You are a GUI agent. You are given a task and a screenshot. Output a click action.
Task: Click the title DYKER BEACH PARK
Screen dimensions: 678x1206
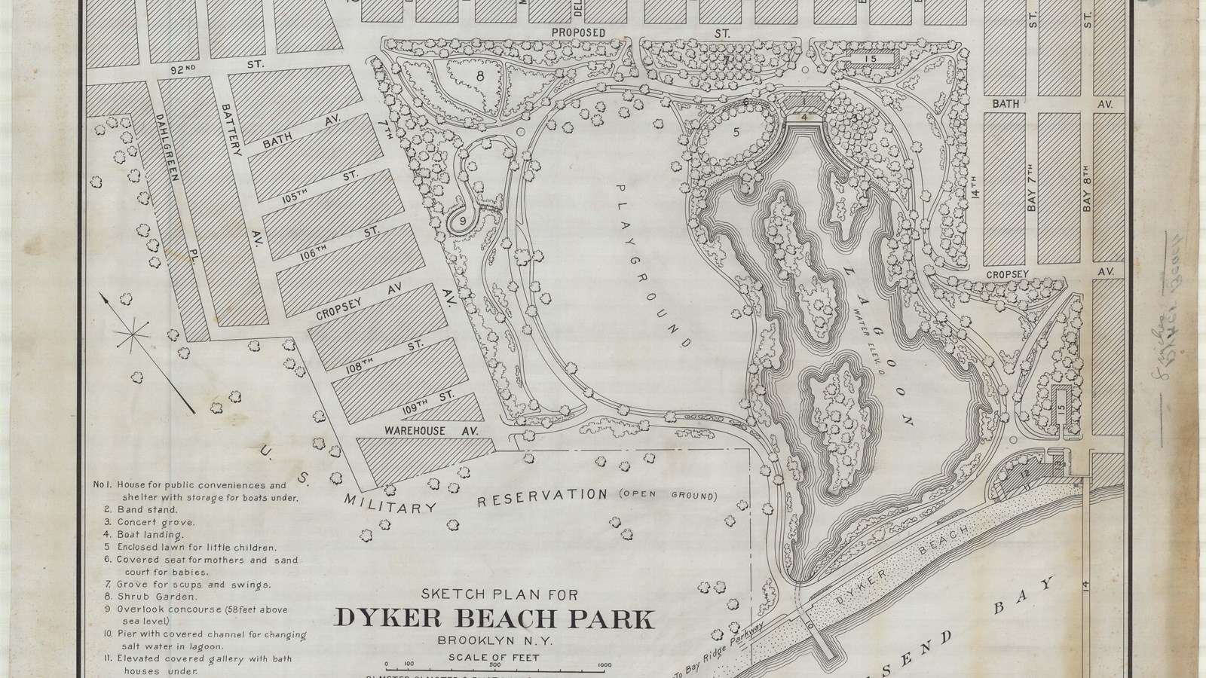[494, 618]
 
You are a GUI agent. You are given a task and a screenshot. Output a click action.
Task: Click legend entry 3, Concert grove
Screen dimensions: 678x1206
[156, 521]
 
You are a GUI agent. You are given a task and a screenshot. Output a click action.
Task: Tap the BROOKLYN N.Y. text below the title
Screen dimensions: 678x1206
[494, 641]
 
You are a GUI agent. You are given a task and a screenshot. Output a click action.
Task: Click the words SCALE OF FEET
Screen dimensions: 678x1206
[494, 658]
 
